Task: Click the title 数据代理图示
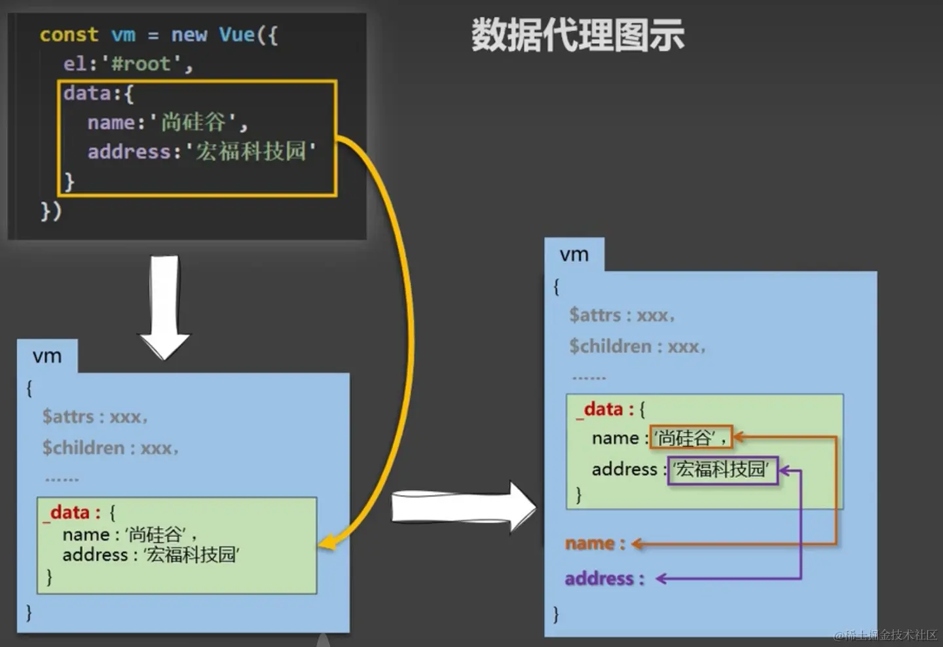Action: (x=578, y=35)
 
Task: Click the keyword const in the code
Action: (x=69, y=35)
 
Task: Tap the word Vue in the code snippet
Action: (x=236, y=35)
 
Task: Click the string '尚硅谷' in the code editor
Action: (x=193, y=122)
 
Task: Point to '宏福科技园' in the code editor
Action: (x=251, y=151)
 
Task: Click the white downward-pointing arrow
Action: (x=164, y=306)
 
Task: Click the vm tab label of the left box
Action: (x=47, y=356)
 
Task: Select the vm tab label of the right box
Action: (x=574, y=255)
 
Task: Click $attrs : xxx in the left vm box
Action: (x=94, y=416)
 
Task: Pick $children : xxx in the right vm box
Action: (x=637, y=346)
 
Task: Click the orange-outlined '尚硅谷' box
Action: (x=691, y=437)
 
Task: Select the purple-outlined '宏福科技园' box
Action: (x=722, y=470)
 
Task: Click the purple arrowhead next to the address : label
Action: (x=661, y=578)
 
